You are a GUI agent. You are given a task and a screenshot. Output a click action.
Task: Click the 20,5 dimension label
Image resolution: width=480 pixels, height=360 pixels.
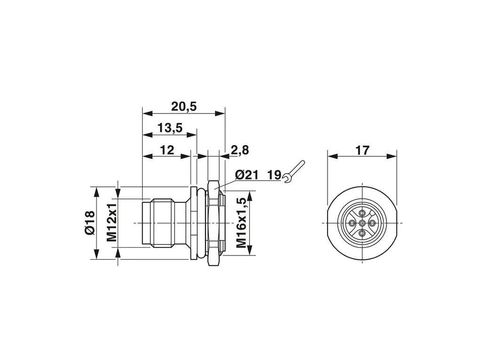(x=184, y=106)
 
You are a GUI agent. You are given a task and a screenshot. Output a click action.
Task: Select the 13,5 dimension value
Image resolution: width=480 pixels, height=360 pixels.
(x=170, y=128)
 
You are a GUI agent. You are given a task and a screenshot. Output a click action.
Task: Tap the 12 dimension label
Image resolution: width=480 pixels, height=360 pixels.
(x=167, y=150)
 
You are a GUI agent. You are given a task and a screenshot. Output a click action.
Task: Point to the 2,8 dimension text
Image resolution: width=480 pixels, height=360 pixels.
(x=240, y=150)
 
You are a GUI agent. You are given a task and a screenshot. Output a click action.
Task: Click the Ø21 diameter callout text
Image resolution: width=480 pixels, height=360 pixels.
(x=247, y=175)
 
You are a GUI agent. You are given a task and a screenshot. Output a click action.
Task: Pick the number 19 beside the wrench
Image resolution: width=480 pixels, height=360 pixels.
(x=274, y=175)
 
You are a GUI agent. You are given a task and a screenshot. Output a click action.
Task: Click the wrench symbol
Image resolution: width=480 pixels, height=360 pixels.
(x=294, y=171)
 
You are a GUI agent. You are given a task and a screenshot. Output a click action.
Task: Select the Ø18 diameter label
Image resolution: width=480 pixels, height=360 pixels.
(x=90, y=223)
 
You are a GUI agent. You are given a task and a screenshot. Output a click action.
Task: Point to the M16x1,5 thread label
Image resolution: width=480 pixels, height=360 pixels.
(x=241, y=223)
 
